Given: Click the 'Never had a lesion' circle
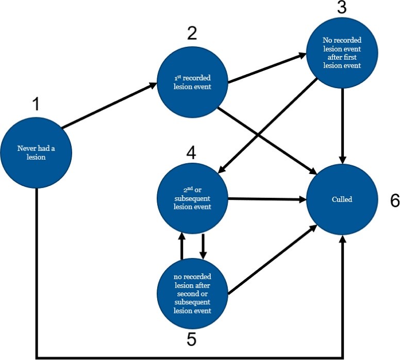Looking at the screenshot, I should tap(36, 153).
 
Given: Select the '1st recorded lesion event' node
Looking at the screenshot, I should tap(192, 82).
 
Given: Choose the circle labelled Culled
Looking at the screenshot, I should tap(343, 199).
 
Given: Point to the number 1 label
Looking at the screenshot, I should tap(36, 104).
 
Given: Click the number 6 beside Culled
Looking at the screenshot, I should tap(394, 201).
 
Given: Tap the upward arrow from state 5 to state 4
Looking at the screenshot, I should tap(181, 246).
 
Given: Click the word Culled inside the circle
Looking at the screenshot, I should tap(343, 199).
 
